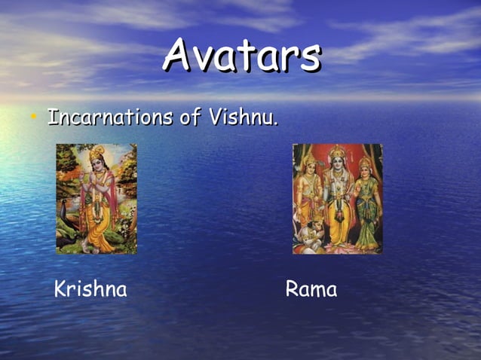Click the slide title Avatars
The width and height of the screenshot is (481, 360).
pyautogui.click(x=242, y=56)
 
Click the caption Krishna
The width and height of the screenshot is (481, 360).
pyautogui.click(x=90, y=289)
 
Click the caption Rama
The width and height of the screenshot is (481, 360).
pyautogui.click(x=311, y=289)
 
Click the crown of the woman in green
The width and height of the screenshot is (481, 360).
pyautogui.click(x=366, y=160)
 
